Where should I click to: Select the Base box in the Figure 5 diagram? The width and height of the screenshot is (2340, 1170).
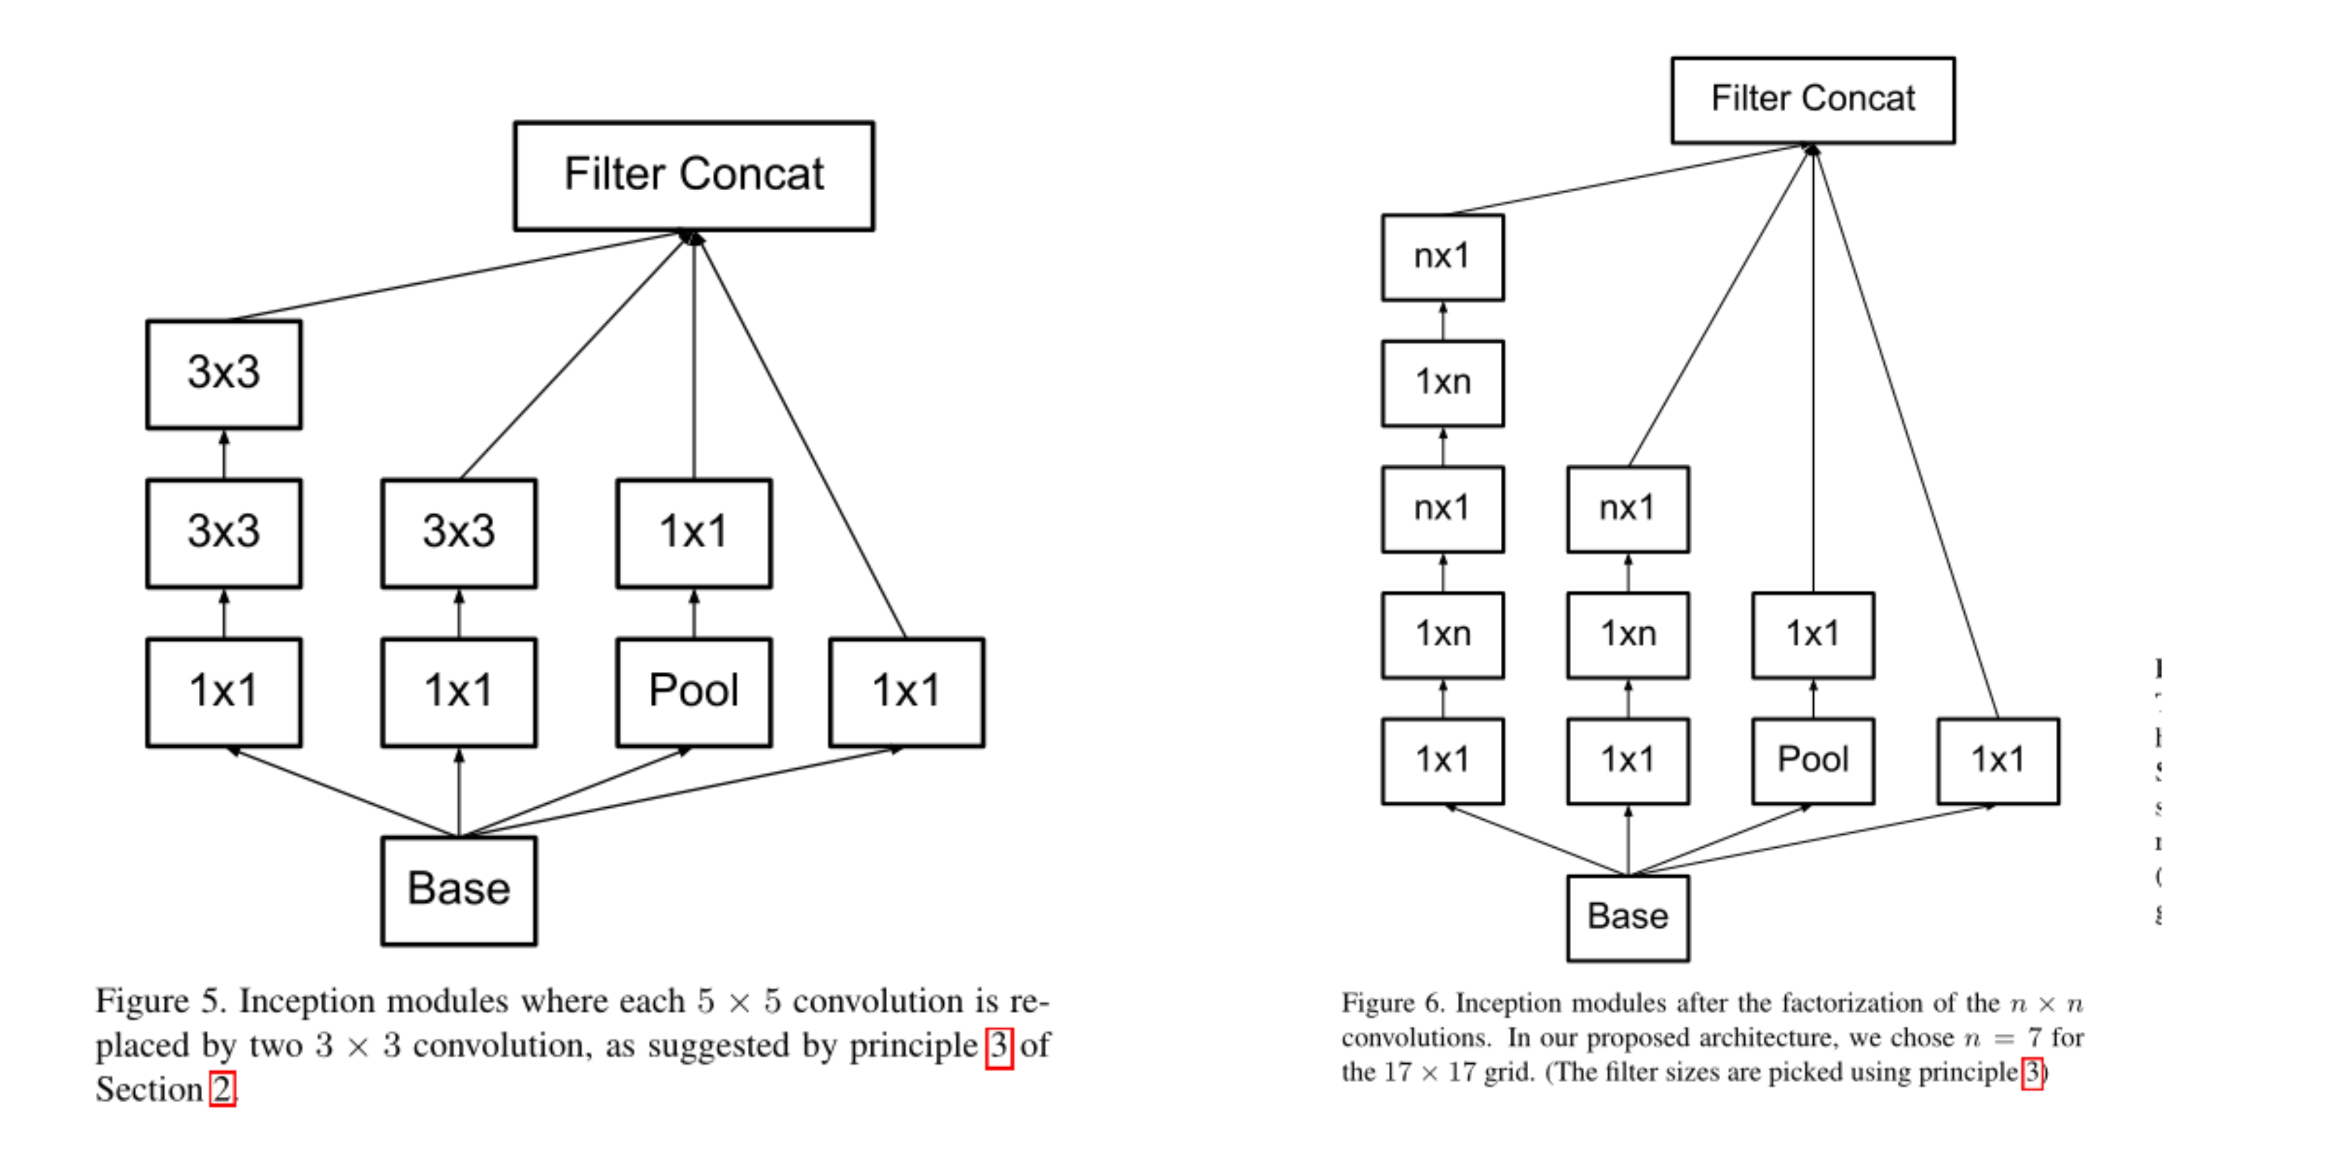(459, 890)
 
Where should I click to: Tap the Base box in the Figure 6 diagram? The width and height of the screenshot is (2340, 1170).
(1628, 917)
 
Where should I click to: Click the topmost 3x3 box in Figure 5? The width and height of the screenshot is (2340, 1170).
(223, 374)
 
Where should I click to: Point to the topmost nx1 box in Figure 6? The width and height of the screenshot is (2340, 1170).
(1443, 257)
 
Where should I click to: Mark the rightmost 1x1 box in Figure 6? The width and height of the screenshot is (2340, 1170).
(1998, 760)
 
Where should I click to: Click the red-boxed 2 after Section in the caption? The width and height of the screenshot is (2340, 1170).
(223, 1088)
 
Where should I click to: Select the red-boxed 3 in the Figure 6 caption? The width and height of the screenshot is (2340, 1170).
(2032, 1073)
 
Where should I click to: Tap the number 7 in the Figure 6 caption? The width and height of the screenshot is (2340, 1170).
(2036, 1037)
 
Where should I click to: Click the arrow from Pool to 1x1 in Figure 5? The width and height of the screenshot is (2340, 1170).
(694, 613)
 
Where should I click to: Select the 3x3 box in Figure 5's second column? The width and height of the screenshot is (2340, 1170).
(459, 533)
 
